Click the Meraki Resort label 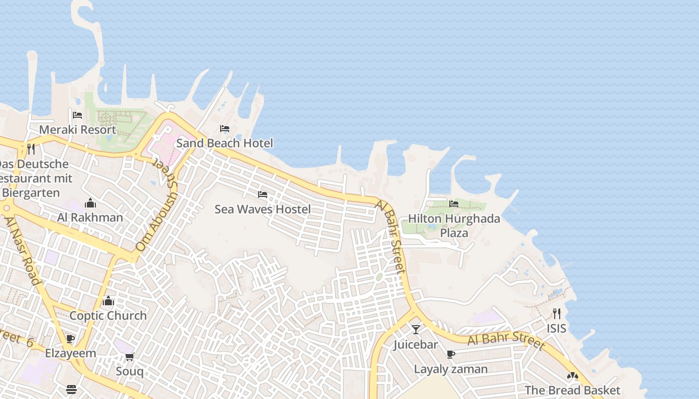[x=77, y=130]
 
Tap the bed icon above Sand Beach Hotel [x=225, y=129]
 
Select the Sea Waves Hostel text [x=263, y=209]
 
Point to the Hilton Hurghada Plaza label [x=454, y=225]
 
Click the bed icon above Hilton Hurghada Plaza [x=454, y=203]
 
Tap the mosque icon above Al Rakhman [x=90, y=203]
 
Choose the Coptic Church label [x=108, y=316]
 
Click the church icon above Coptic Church [x=108, y=301]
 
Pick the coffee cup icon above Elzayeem [x=70, y=339]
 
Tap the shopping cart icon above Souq [x=130, y=357]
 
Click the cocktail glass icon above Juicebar [x=415, y=329]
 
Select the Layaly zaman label [x=451, y=369]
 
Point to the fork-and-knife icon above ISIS [x=557, y=314]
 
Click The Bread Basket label [x=572, y=390]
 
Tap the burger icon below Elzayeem [x=71, y=389]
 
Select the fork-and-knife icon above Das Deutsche [x=31, y=149]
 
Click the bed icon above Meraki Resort [x=77, y=115]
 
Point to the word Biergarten [x=31, y=193]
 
